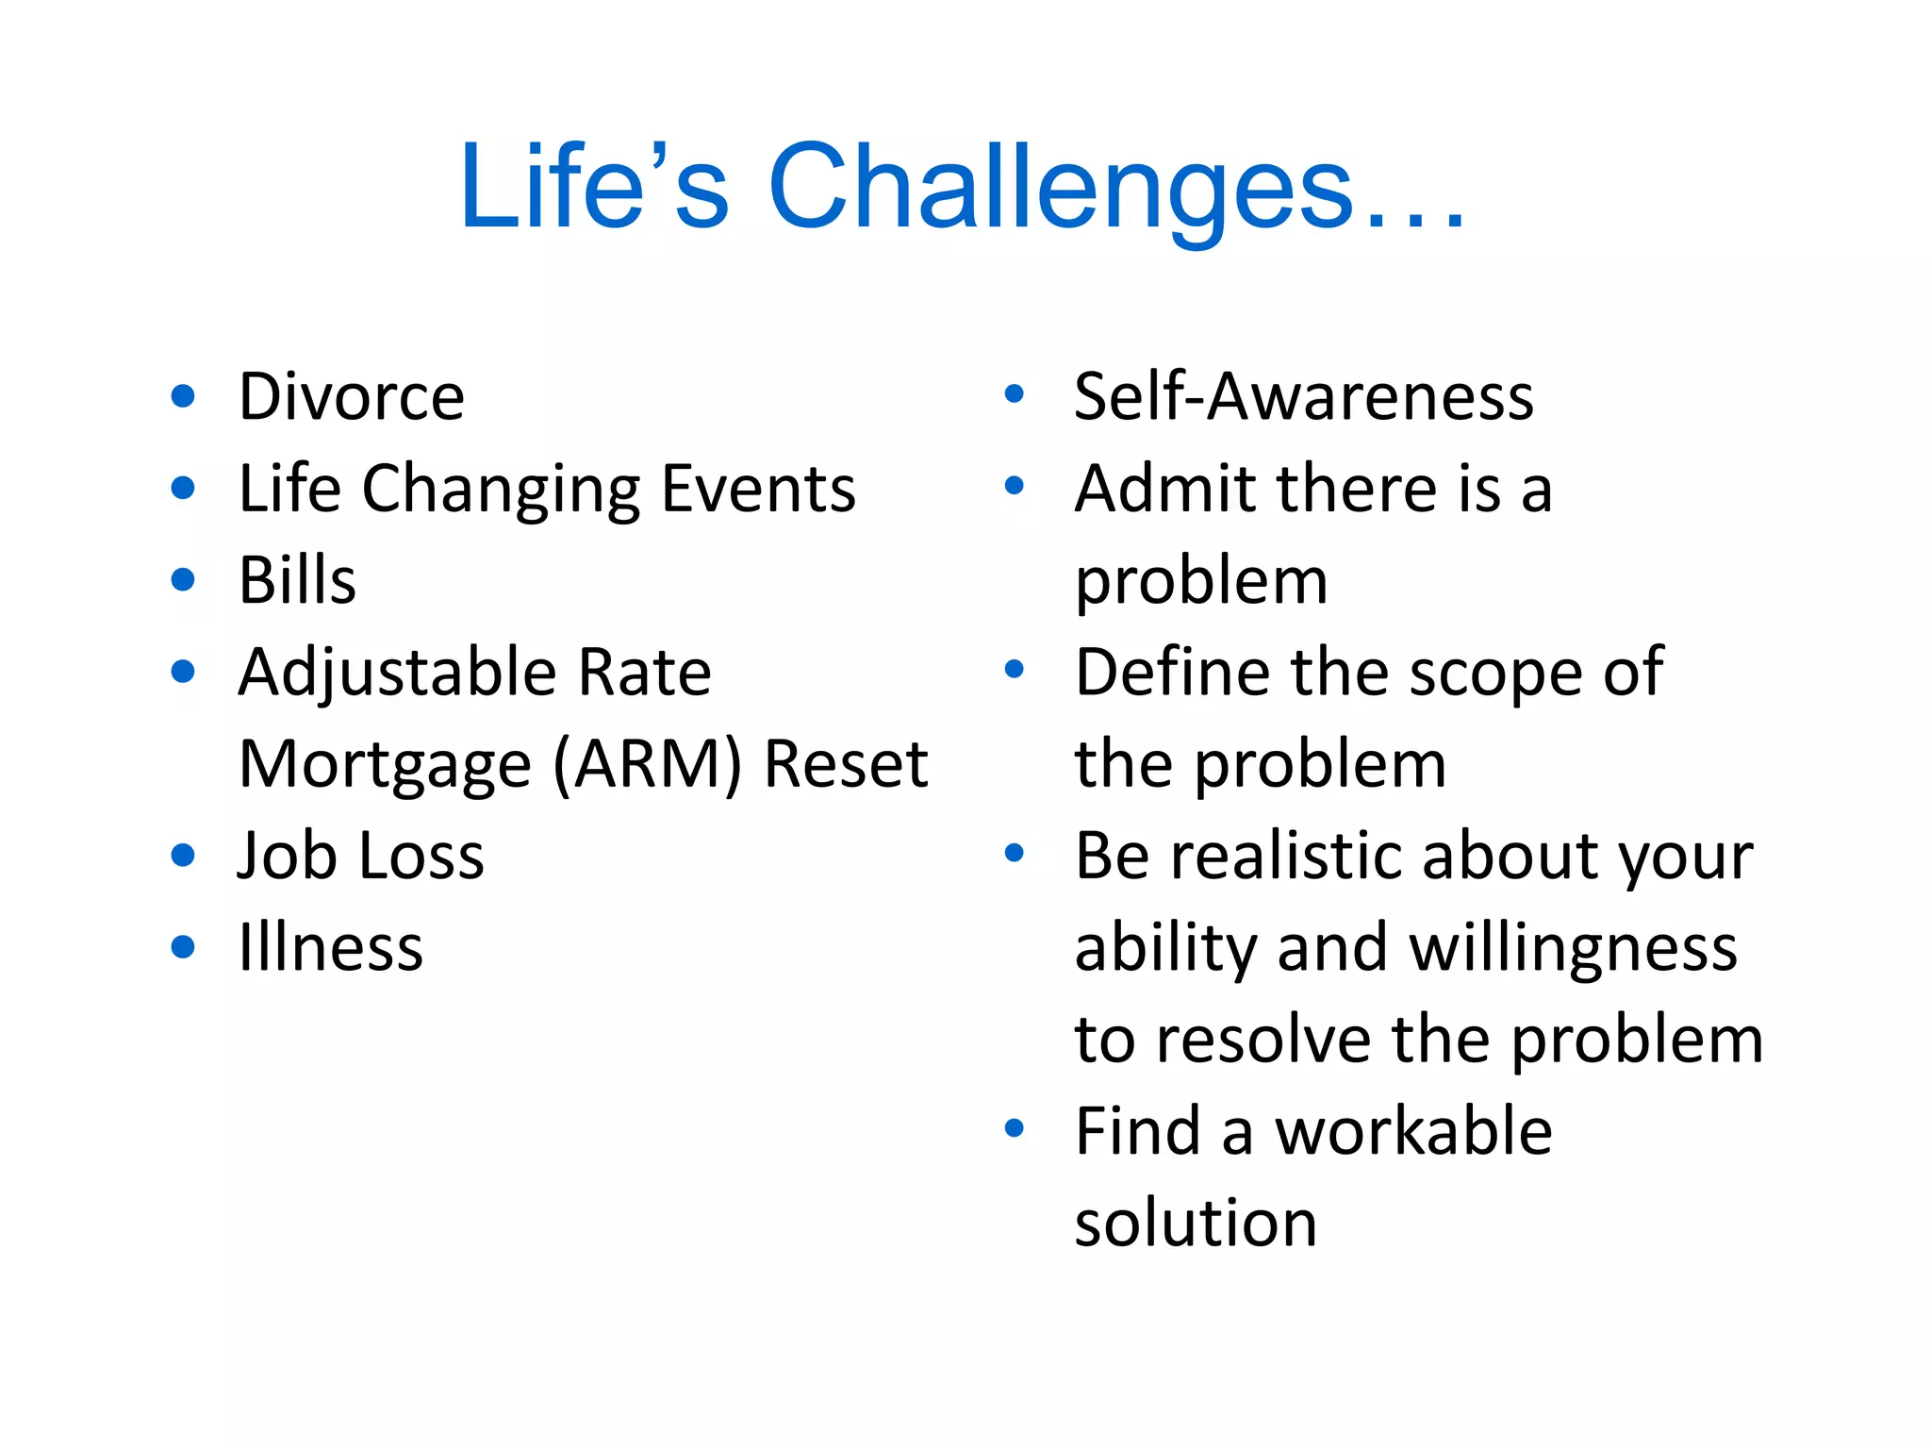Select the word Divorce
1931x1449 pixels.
352,396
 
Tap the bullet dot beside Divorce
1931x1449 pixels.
184,396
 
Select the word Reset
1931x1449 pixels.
846,764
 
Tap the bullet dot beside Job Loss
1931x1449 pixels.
184,856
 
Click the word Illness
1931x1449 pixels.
331,947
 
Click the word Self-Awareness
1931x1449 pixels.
1304,396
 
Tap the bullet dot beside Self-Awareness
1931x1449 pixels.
1015,394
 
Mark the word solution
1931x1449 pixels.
1196,1223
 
